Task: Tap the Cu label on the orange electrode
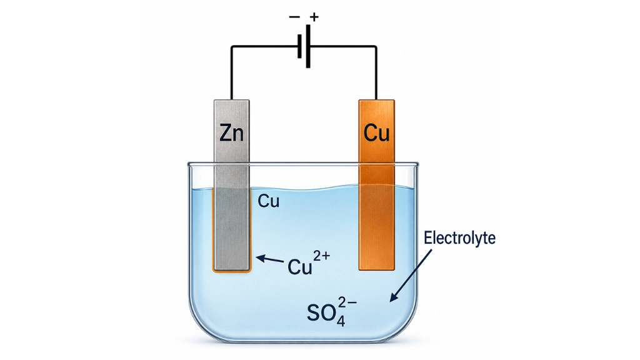[376, 132]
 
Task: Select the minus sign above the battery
[294, 17]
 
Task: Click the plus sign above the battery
[314, 17]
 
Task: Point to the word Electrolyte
[459, 238]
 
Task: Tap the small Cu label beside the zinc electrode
[269, 201]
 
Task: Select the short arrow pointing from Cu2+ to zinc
[270, 259]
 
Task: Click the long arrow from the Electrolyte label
[411, 276]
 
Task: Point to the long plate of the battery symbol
[308, 46]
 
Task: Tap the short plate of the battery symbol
[299, 46]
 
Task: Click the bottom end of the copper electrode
[377, 269]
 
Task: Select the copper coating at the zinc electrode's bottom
[231, 271]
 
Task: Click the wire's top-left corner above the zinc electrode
[232, 46]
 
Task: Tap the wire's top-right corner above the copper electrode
[376, 46]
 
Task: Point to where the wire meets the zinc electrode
[232, 99]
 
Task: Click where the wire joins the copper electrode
[376, 99]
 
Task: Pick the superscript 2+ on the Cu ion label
[321, 256]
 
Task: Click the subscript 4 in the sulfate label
[341, 321]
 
